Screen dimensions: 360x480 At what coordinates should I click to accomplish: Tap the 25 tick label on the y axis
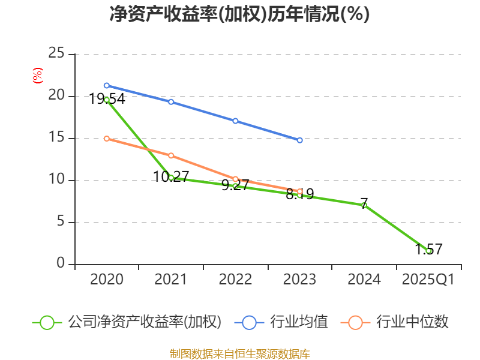point(56,53)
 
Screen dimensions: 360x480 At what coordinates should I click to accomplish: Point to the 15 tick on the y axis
point(56,138)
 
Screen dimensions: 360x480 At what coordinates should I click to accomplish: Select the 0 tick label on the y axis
point(61,263)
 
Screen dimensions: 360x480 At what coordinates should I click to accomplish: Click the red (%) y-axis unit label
point(37,76)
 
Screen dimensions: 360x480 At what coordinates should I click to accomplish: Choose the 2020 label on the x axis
point(107,280)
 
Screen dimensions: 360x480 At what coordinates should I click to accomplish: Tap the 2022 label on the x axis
point(235,280)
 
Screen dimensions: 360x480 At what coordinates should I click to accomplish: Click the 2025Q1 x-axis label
point(428,280)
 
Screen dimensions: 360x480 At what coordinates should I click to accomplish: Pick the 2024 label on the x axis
point(364,280)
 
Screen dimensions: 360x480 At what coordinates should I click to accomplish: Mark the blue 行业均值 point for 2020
point(107,85)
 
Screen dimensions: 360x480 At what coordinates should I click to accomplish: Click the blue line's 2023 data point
point(300,140)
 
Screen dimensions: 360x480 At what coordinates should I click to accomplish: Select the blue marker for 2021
point(171,102)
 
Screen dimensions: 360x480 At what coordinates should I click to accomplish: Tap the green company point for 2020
point(107,100)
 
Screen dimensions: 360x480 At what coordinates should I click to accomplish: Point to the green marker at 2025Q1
point(428,251)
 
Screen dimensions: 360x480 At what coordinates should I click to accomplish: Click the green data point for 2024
point(364,205)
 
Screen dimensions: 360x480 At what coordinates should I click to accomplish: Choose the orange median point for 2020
point(107,139)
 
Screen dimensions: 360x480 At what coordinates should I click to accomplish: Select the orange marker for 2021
point(171,155)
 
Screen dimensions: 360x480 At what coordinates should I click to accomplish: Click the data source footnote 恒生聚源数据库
point(239,353)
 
